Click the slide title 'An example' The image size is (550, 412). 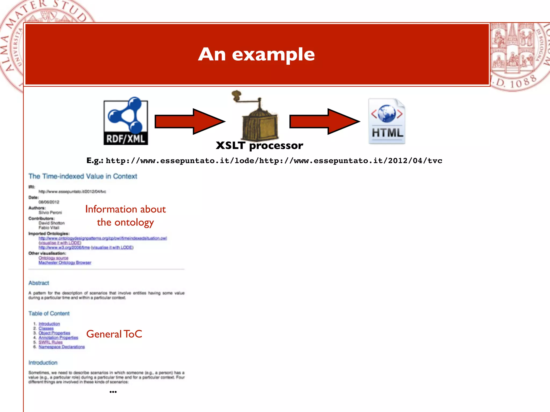256,54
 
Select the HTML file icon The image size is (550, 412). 387,122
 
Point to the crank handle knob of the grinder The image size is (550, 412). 236,95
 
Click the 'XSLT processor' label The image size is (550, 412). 259,146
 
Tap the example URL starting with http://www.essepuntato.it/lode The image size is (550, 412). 274,161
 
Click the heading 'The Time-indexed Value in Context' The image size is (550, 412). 83,176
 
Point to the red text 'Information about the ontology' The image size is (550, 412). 125,216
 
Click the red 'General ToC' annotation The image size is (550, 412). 114,334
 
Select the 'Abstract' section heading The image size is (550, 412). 39,283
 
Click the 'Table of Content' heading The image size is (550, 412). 49,313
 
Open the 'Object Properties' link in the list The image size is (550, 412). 54,333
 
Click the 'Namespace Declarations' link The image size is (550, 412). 61,347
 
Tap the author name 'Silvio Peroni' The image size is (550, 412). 50,212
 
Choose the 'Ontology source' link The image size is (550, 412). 53,258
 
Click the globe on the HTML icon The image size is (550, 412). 387,114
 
